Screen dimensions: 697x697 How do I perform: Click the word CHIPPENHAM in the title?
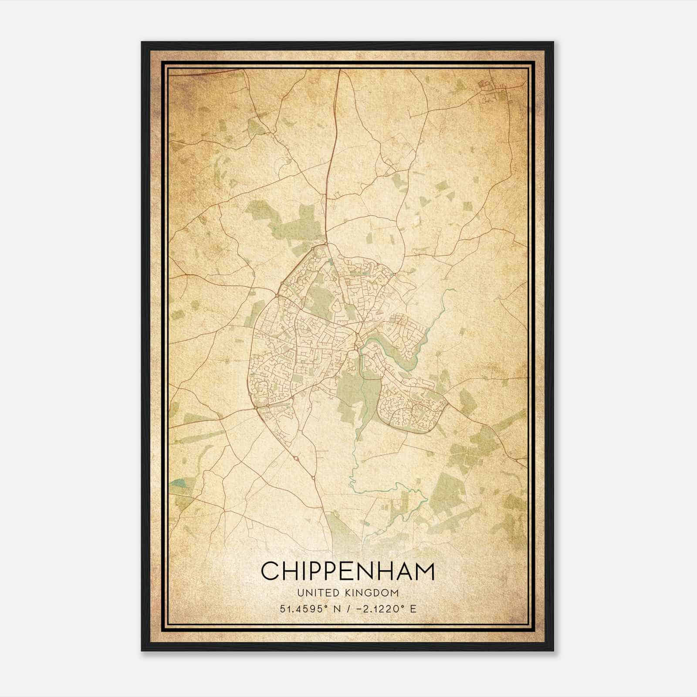coord(348,571)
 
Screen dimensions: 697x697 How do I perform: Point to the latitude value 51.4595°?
coord(304,609)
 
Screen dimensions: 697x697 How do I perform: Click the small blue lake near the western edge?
coord(178,483)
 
